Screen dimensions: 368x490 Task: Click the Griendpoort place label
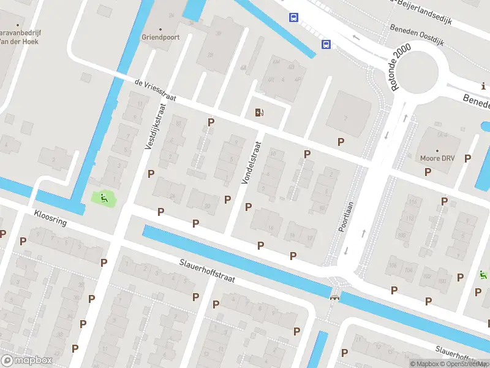click(x=160, y=36)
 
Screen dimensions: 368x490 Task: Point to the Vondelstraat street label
click(x=251, y=163)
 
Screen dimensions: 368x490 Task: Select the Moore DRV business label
click(x=437, y=158)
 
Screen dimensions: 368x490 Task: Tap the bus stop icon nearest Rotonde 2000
click(x=326, y=44)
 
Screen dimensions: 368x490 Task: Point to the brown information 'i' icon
click(x=484, y=87)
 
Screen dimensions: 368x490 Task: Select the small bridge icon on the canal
click(x=334, y=298)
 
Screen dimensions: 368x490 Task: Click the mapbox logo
click(x=26, y=361)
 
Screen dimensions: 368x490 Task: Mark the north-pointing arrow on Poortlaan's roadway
click(x=364, y=232)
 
